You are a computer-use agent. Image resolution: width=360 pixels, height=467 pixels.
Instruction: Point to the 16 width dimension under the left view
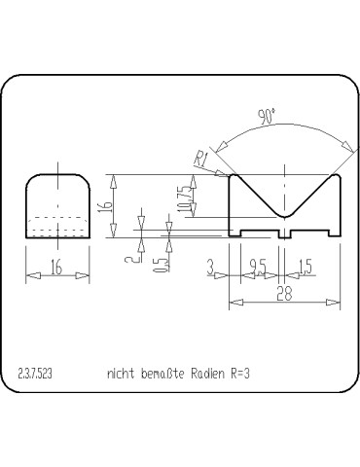(57, 268)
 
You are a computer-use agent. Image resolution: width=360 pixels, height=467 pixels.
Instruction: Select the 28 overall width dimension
(283, 294)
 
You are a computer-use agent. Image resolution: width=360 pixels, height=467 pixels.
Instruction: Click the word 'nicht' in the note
(120, 374)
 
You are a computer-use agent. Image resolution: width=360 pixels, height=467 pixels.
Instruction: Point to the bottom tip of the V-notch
(284, 215)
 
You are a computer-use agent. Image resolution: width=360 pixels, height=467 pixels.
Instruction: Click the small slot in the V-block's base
(284, 233)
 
